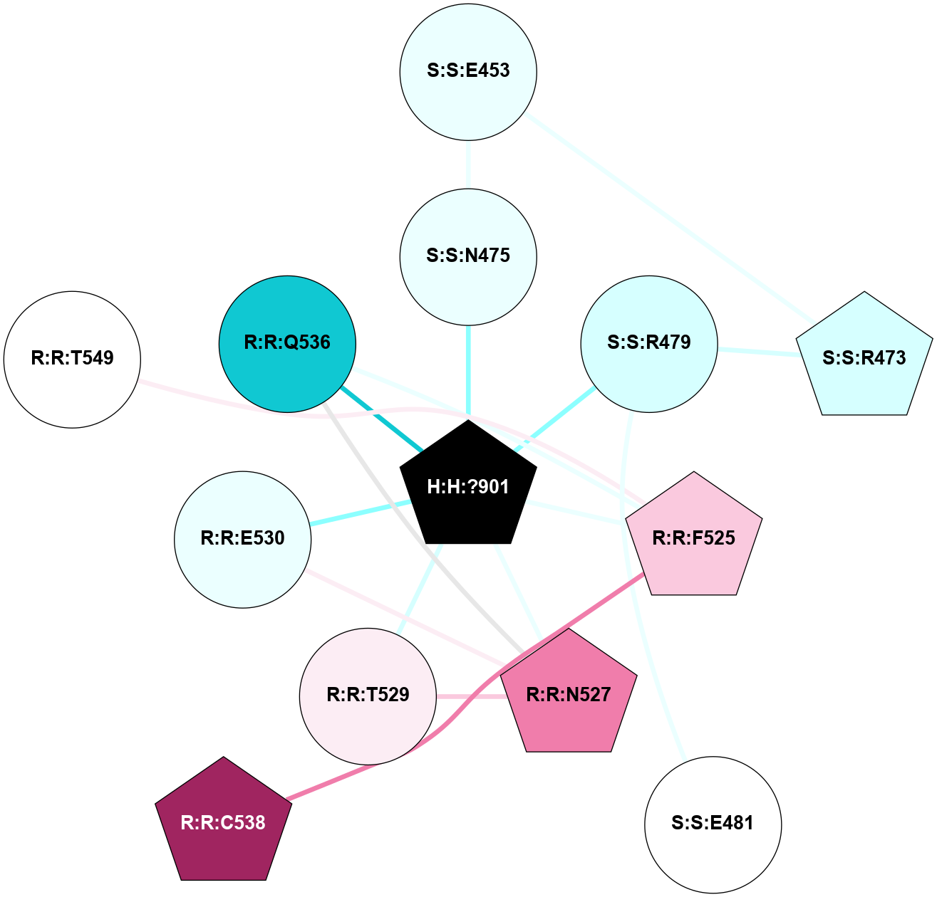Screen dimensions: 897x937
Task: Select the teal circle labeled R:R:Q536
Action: click(287, 343)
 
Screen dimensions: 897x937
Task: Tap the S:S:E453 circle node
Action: click(468, 71)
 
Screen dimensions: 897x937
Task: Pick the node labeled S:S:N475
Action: click(468, 256)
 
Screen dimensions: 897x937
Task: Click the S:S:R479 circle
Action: click(649, 343)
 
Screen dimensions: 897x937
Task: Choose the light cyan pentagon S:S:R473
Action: click(864, 357)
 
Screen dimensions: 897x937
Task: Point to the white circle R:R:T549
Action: click(72, 359)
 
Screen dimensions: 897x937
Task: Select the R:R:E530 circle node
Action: click(243, 539)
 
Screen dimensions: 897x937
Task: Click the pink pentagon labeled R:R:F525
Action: click(693, 537)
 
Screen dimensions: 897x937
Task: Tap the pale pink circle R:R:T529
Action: click(368, 696)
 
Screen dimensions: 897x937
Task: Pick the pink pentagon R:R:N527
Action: click(568, 694)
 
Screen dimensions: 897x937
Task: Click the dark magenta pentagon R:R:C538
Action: click(223, 823)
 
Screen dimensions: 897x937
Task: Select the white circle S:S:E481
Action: click(713, 824)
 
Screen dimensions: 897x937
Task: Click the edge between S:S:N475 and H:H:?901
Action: click(468, 370)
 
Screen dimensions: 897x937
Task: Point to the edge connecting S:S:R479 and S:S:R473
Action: click(757, 352)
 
